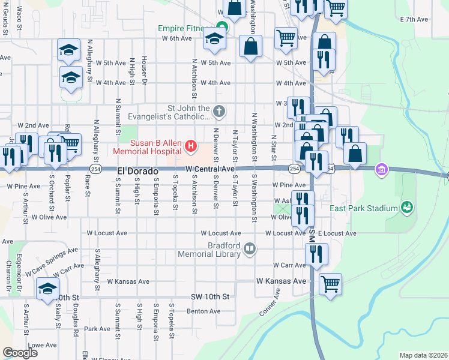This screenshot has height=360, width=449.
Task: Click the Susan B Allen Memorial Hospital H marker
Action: pyautogui.click(x=191, y=145)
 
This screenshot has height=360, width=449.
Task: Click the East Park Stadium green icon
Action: pyautogui.click(x=408, y=208)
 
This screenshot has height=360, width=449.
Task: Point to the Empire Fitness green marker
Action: pyautogui.click(x=222, y=28)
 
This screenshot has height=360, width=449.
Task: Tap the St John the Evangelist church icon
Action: pyautogui.click(x=220, y=111)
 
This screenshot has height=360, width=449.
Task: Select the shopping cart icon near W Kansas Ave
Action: pyautogui.click(x=330, y=283)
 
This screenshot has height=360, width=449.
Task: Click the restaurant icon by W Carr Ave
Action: pyautogui.click(x=316, y=254)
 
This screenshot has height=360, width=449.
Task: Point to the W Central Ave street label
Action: pyautogui.click(x=209, y=170)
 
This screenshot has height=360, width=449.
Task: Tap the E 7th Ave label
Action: pyautogui.click(x=414, y=19)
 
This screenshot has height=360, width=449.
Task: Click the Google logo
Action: pyautogui.click(x=20, y=352)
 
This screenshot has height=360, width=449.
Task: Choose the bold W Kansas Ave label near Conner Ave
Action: pyautogui.click(x=281, y=281)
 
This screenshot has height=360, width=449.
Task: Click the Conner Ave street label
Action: pyautogui.click(x=270, y=304)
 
